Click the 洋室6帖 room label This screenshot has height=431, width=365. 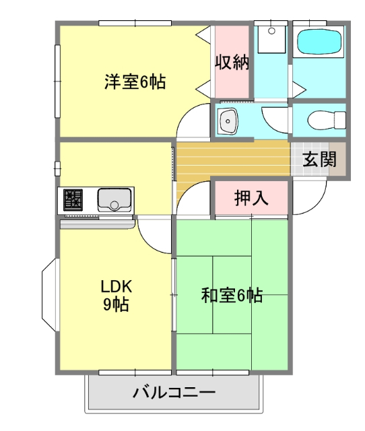tap(135, 82)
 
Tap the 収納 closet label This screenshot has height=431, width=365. tap(232, 62)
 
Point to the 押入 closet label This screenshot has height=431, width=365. tap(251, 198)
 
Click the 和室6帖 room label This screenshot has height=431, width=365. tap(232, 295)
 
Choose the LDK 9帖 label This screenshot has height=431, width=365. tap(116, 295)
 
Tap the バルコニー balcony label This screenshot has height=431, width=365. tap(173, 392)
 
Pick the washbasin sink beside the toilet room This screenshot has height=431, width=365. tap(228, 122)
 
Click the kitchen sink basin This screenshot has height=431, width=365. tap(114, 200)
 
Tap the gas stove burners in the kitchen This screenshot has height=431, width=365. tap(73, 199)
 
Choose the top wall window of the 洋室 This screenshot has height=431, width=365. tap(135, 24)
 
